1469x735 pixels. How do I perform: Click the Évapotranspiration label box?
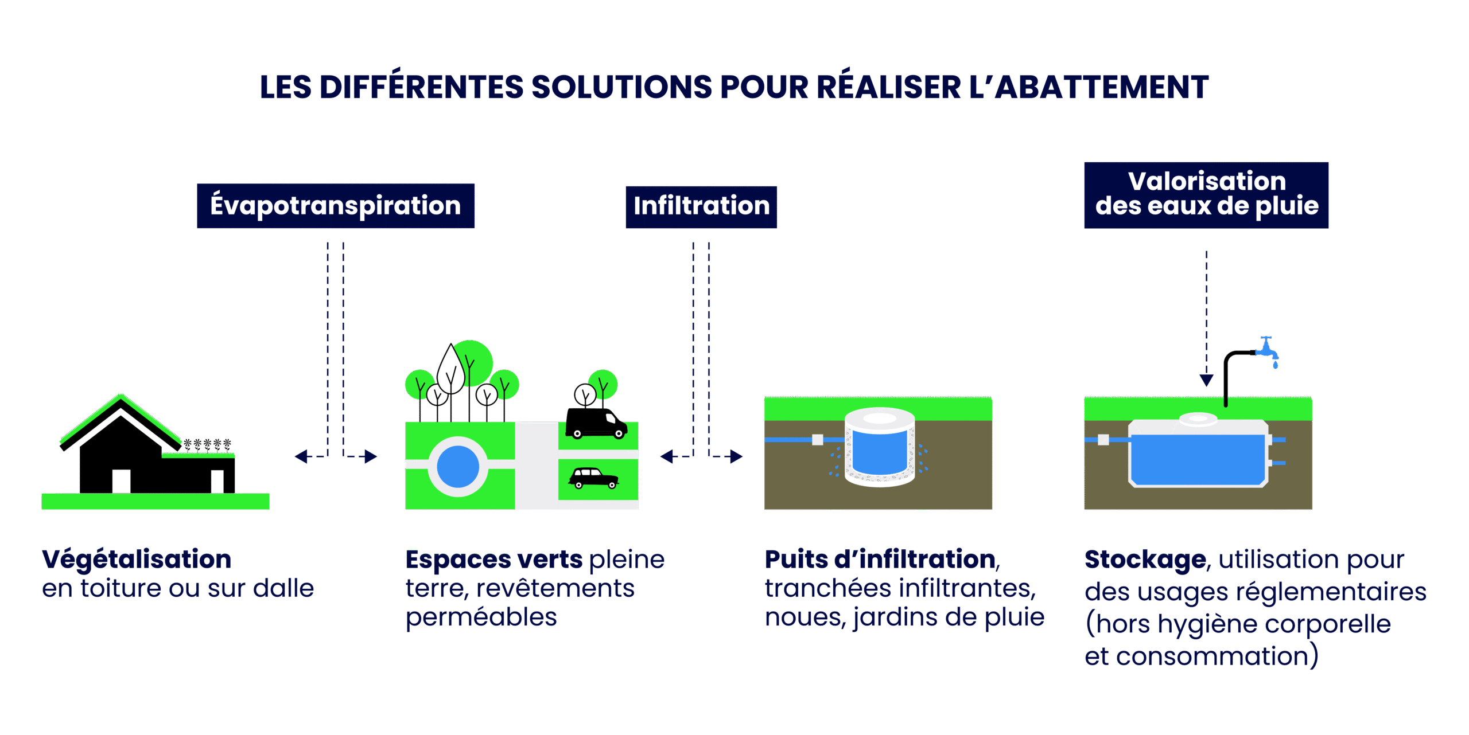point(336,206)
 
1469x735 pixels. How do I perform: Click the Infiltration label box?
point(701,206)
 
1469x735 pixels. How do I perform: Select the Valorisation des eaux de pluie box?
point(1206,195)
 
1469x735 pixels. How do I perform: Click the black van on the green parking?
point(596,423)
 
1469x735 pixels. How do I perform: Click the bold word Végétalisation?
point(137,560)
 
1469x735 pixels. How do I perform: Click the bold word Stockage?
point(1145,560)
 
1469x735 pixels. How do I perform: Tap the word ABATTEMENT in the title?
point(1101,88)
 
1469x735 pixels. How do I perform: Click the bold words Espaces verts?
point(493,560)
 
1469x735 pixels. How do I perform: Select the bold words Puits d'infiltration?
point(880,560)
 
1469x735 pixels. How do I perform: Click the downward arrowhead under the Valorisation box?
point(1206,380)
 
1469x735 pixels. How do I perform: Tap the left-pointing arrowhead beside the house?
point(301,456)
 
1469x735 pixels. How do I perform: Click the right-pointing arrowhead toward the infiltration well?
point(737,456)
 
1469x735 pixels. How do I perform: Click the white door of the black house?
point(121,481)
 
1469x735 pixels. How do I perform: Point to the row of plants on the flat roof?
point(207,444)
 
